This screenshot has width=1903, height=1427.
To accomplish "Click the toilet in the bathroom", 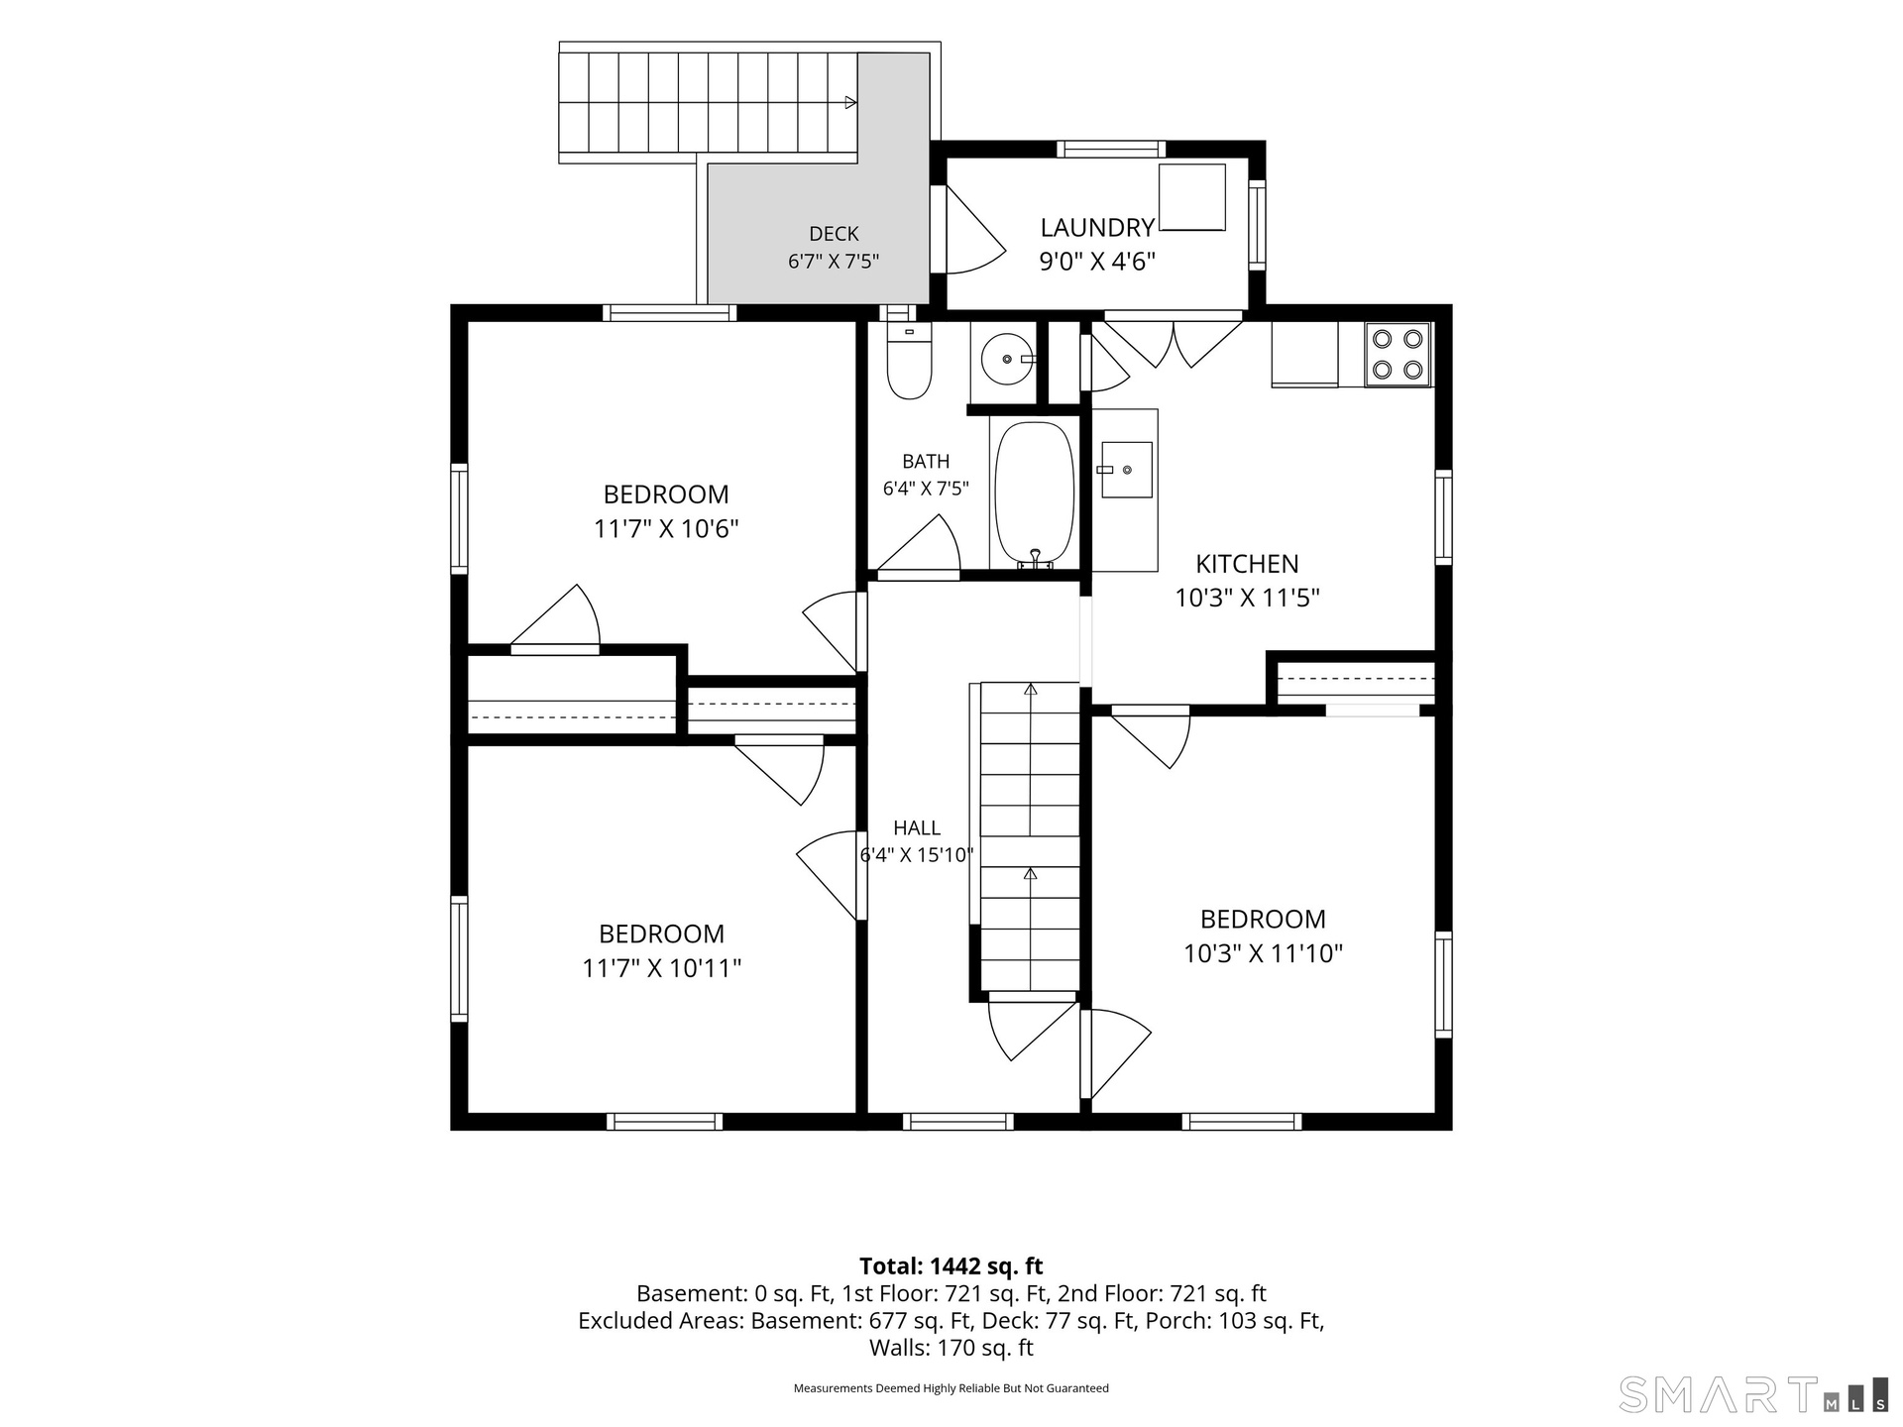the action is [909, 361].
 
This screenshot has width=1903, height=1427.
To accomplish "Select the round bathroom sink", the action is [1008, 359].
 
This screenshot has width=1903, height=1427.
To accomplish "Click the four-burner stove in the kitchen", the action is [1398, 354].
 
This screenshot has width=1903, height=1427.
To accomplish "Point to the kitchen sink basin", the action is [1126, 470].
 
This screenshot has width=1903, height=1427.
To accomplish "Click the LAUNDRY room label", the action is [1097, 228].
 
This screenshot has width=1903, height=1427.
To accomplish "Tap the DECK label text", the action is [834, 234].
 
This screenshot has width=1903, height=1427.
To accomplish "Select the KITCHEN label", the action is [1247, 564].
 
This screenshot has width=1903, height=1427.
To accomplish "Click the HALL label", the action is [917, 827].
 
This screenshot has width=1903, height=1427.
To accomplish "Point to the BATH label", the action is [926, 461].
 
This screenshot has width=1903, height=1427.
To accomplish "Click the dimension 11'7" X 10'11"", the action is [662, 968].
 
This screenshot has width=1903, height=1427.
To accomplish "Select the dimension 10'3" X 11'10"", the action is [1263, 953].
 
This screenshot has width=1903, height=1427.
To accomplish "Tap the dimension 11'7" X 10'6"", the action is [666, 528].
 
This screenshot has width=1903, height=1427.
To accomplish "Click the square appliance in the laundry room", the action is [1192, 197].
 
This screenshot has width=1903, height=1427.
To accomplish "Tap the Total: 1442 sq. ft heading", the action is [951, 1265].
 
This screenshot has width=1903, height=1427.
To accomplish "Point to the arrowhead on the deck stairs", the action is [850, 102].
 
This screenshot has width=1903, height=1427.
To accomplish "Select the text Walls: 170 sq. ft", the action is [951, 1348].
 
